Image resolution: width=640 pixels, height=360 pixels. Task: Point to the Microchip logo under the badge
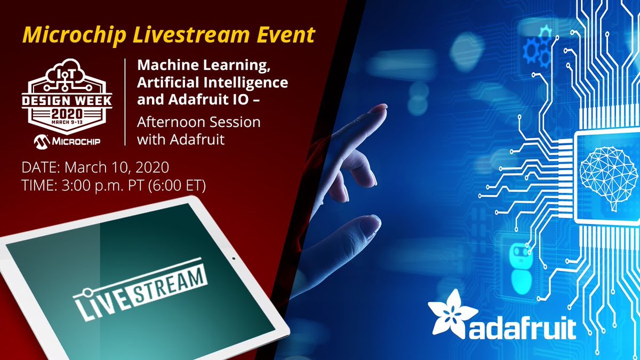pos(67,141)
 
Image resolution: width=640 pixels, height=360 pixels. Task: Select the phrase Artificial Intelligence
pos(212,83)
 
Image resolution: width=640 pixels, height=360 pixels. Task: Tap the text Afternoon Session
pos(198,122)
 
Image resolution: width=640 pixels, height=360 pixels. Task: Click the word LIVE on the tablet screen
pos(104,301)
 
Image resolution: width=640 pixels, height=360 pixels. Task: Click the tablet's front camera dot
pos(233,260)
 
